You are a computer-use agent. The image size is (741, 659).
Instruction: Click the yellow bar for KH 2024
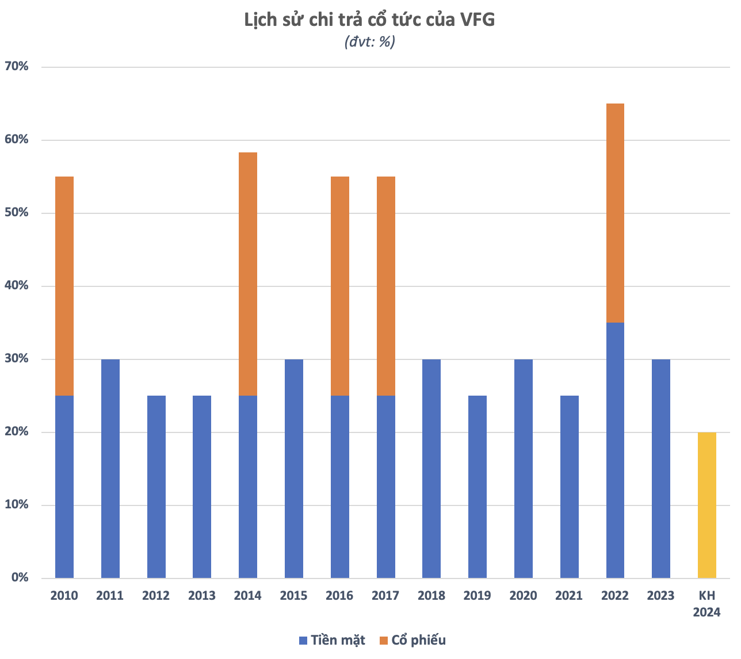tap(706, 505)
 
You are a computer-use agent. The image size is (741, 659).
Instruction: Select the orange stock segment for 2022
tap(615, 213)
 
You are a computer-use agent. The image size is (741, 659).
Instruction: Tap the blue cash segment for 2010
tap(64, 486)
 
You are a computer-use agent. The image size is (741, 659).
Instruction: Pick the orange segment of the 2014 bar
tap(248, 274)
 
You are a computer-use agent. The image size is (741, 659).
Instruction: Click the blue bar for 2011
tap(110, 468)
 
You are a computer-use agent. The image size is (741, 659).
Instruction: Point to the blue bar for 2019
tap(478, 486)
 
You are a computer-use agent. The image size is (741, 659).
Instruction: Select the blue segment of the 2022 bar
tap(615, 450)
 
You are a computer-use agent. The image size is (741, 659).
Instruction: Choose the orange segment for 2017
tap(386, 286)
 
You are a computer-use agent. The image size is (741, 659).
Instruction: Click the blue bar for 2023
tap(661, 468)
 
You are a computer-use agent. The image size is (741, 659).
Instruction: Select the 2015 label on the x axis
tap(294, 596)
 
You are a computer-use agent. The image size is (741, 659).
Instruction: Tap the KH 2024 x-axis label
tap(706, 603)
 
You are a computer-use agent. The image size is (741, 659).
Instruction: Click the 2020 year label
tap(524, 596)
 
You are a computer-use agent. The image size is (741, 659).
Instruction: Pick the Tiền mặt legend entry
tap(332, 641)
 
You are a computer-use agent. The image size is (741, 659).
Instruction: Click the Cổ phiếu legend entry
tap(412, 641)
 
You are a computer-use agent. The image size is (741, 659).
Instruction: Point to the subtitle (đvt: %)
tap(370, 41)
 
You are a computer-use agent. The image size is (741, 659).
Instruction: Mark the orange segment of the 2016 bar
tap(340, 286)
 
